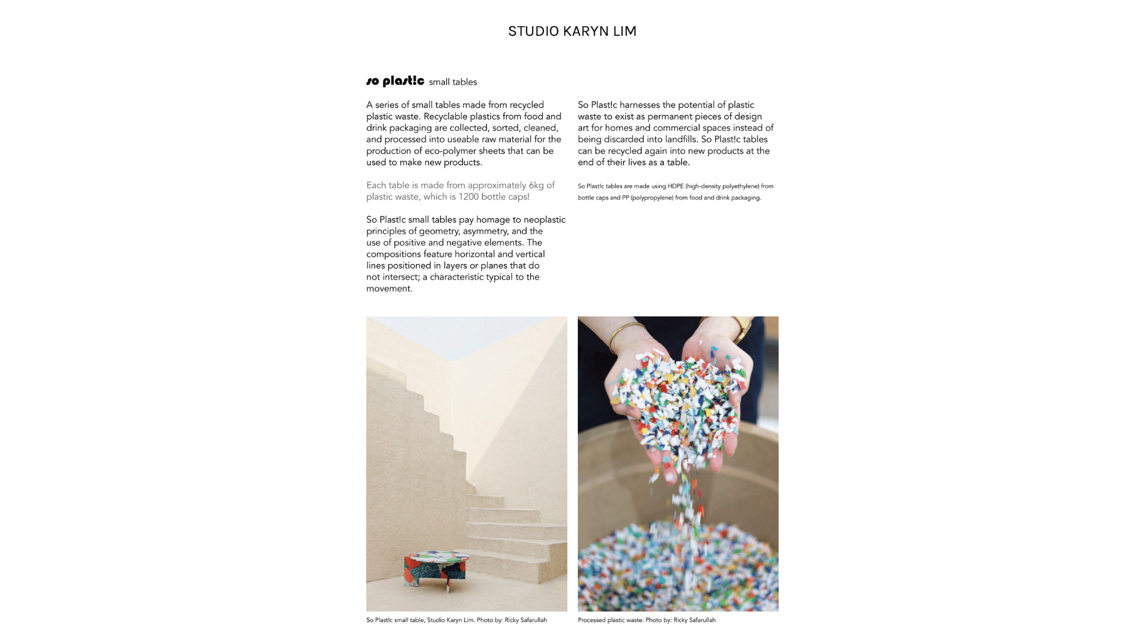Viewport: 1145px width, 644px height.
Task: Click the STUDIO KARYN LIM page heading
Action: (x=572, y=31)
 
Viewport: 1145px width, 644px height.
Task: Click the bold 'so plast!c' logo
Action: (x=395, y=81)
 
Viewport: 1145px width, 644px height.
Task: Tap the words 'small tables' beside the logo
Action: (x=453, y=82)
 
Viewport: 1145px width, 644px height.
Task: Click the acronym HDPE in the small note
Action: (x=676, y=186)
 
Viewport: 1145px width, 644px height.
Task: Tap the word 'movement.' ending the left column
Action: (x=389, y=289)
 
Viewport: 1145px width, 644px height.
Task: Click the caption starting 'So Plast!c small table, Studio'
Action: (x=456, y=620)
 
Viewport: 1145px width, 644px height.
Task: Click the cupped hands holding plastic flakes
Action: (x=676, y=405)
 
